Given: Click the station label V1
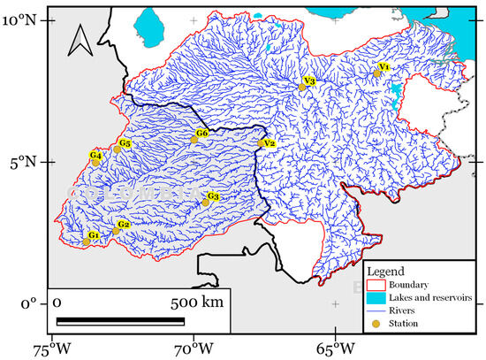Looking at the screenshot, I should pos(383,67).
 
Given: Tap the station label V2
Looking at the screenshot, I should pos(270,143).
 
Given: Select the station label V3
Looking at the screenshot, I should pos(308,80).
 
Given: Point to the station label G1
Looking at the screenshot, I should pos(93,235).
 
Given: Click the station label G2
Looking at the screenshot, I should pos(124,225).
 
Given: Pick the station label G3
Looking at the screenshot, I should pos(213,195).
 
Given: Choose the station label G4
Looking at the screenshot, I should pos(95,156).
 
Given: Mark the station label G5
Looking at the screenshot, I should pos(125,143).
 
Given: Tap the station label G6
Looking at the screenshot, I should pos(201,134).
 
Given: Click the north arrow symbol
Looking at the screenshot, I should pos(80,42).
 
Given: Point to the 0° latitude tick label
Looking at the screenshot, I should pos(29,304).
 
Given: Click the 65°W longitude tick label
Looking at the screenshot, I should pos(335,347).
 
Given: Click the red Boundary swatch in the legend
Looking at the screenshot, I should pos(379,285).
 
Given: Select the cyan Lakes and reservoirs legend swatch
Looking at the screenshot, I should pos(379,298).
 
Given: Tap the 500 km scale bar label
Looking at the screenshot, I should pos(196,303).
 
